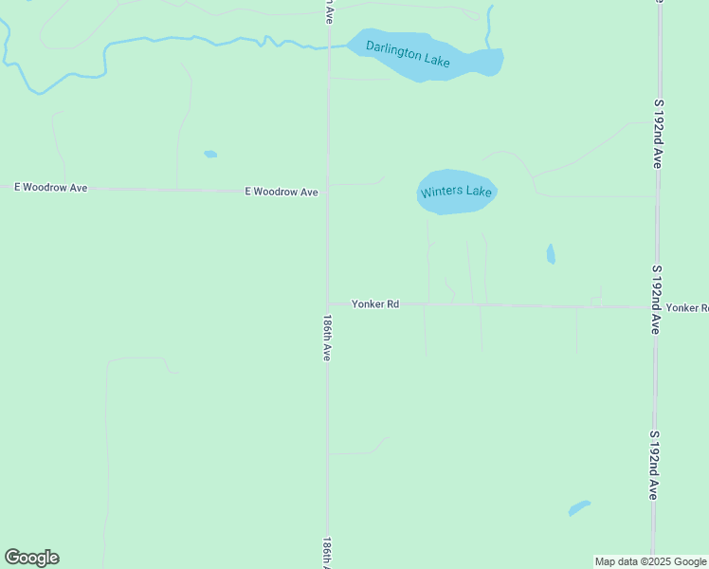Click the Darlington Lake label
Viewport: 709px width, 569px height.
click(x=409, y=54)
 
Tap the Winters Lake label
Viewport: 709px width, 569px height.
click(x=456, y=192)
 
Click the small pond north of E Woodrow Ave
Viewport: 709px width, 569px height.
click(x=210, y=154)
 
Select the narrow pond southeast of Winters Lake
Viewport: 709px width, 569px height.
click(x=551, y=254)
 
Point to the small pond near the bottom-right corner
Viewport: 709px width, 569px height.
click(x=579, y=508)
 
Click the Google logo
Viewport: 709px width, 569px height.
click(x=31, y=558)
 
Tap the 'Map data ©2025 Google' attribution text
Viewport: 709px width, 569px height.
click(x=650, y=561)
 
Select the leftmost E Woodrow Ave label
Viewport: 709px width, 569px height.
click(x=51, y=188)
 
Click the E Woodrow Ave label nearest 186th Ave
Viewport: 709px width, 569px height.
click(x=281, y=192)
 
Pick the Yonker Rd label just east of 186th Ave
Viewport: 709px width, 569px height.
click(x=375, y=304)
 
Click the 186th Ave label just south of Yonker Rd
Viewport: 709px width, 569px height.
click(x=327, y=337)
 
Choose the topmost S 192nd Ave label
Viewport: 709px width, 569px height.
click(x=656, y=132)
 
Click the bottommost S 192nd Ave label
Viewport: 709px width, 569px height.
click(x=654, y=465)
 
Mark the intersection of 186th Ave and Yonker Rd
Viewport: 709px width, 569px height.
click(x=328, y=304)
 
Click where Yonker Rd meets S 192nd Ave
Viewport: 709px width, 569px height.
click(x=654, y=307)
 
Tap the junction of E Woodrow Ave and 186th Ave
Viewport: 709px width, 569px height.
click(x=328, y=192)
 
